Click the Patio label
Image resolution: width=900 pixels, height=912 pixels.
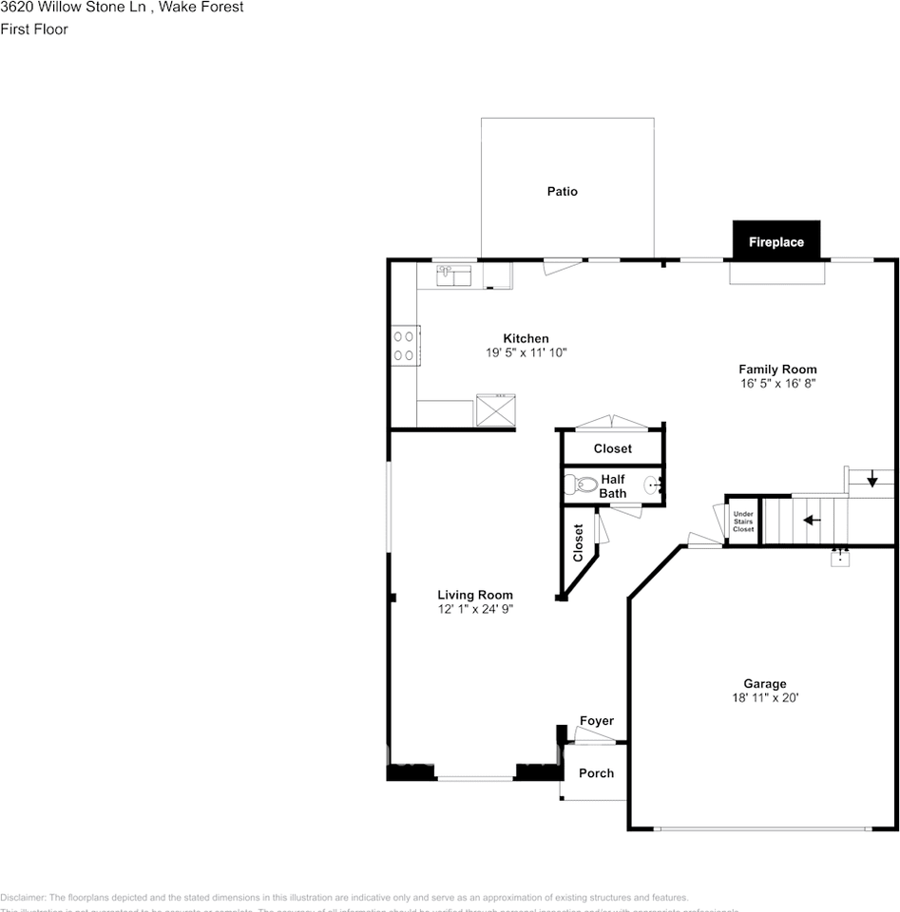pos(562,192)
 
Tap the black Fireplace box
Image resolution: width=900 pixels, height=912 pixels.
pos(776,241)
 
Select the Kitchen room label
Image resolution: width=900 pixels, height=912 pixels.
pos(526,338)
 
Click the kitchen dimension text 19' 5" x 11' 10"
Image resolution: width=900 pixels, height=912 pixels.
pos(526,352)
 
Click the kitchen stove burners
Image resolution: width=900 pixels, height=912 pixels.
pos(404,345)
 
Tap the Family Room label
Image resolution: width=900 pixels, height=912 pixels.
pos(777,370)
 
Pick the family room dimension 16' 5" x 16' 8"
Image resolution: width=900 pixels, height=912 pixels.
pos(777,384)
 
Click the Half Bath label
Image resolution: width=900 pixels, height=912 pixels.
pos(613,486)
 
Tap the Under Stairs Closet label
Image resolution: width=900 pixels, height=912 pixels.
pos(742,522)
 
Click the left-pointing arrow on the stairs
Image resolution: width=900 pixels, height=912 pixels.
pos(812,521)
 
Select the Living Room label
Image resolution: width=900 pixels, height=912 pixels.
pos(475,596)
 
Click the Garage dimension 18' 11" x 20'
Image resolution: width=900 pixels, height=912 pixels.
pos(764,698)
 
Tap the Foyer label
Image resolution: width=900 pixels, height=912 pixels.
pos(597,722)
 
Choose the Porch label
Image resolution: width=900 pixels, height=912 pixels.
pos(596,773)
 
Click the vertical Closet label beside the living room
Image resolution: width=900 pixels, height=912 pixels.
pos(578,542)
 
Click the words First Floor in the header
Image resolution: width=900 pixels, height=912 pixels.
pos(34,29)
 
